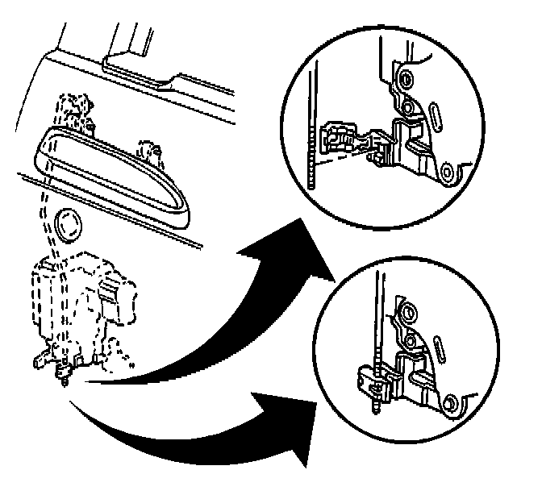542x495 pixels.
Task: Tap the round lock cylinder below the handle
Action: click(x=67, y=224)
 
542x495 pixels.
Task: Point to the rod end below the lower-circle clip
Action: click(x=377, y=408)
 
